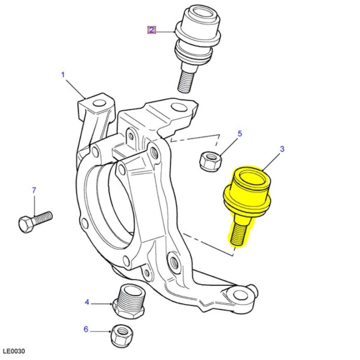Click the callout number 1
63,74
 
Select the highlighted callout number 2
152,30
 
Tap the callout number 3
282,149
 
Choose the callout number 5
239,134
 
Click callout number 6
86,329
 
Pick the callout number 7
33,190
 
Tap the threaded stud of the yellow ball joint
238,232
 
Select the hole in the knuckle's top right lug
179,108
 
